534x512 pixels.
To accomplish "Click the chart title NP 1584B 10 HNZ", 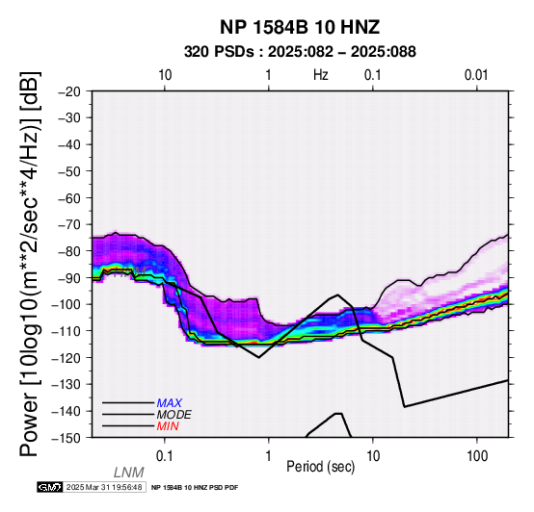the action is [300, 27].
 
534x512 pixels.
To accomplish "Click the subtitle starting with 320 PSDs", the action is [300, 52].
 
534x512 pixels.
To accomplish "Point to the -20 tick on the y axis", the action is [70, 91].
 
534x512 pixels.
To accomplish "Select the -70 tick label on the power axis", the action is [70, 224].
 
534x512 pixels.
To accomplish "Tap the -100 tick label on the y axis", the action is [67, 304].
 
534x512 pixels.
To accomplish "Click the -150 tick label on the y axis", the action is [67, 438].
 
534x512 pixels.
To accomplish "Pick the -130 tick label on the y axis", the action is [67, 385].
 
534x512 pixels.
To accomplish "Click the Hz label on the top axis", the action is [321, 75].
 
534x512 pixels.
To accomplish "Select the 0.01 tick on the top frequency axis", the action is [476, 75].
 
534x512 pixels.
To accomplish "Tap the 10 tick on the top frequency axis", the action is [165, 75].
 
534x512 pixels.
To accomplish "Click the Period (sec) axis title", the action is [320, 467].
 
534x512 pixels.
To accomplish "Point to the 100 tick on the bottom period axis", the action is [477, 456].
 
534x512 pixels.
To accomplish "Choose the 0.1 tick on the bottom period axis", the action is [165, 456].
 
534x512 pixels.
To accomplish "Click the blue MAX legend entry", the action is [170, 403].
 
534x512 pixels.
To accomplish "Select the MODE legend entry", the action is [174, 415].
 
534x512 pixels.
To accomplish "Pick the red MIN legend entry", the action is [168, 426].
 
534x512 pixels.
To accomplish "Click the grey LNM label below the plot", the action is [129, 473].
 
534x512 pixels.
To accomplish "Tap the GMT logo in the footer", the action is [50, 487].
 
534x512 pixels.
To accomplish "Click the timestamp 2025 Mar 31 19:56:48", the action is [104, 487].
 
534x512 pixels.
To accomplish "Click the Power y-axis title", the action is [30, 264].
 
